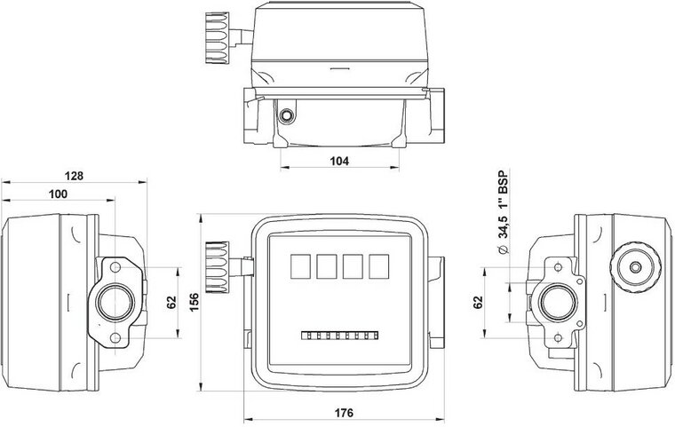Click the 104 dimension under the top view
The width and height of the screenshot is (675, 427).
(338, 161)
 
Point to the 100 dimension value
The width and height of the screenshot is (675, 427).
(60, 194)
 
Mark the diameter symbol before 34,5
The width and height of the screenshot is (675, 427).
(503, 252)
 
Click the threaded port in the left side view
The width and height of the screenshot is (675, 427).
(115, 304)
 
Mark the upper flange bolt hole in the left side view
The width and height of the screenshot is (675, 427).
(115, 267)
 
